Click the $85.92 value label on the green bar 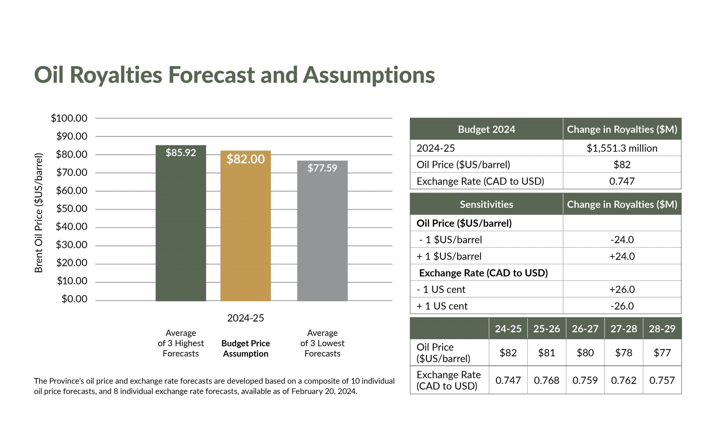point(181,152)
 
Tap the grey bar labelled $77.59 point(322,234)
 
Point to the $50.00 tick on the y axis point(72,209)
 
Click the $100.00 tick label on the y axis point(69,118)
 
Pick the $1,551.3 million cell point(622,148)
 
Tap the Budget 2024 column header point(486,129)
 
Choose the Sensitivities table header point(486,204)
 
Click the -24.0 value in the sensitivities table point(622,240)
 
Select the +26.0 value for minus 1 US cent point(622,289)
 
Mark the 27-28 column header point(624,329)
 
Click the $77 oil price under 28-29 point(662,353)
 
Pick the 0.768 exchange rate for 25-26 point(546,380)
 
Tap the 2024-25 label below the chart point(246,318)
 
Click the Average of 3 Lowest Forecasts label point(322,343)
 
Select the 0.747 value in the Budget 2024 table point(622,181)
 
